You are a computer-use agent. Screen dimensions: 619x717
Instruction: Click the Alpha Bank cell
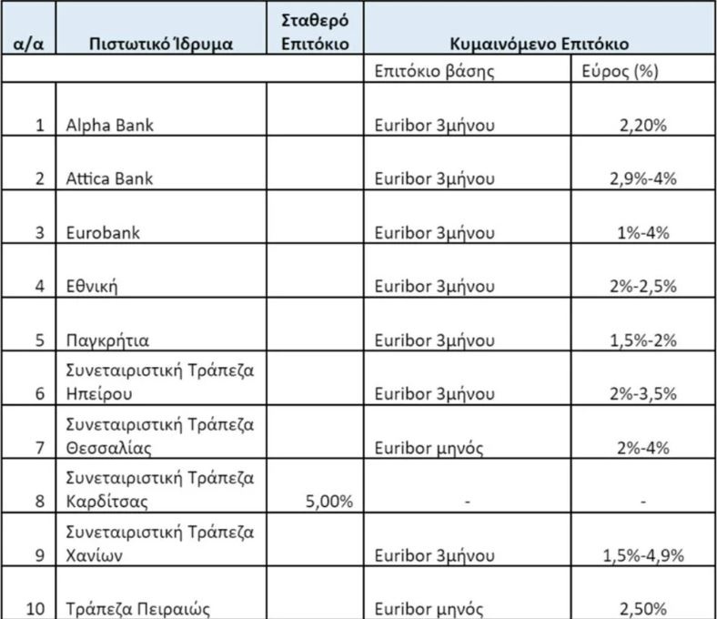109,126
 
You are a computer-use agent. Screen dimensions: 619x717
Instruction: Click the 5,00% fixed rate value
324,501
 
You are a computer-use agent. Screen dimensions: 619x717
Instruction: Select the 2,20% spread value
643,126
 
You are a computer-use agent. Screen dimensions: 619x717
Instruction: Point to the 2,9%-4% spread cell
643,178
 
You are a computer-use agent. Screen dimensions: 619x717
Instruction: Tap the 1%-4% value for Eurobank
643,232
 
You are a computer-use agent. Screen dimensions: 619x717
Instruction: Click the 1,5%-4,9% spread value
643,555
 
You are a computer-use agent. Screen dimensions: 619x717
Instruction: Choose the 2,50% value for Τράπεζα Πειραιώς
643,609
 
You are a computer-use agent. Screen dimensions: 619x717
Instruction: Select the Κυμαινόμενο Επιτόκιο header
541,44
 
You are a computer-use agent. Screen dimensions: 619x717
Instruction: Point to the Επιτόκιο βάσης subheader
434,70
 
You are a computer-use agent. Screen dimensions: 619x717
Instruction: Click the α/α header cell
26,44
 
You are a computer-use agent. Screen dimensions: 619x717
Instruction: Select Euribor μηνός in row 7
428,447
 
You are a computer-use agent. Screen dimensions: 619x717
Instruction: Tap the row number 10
35,609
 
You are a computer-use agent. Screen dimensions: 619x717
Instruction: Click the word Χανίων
95,555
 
